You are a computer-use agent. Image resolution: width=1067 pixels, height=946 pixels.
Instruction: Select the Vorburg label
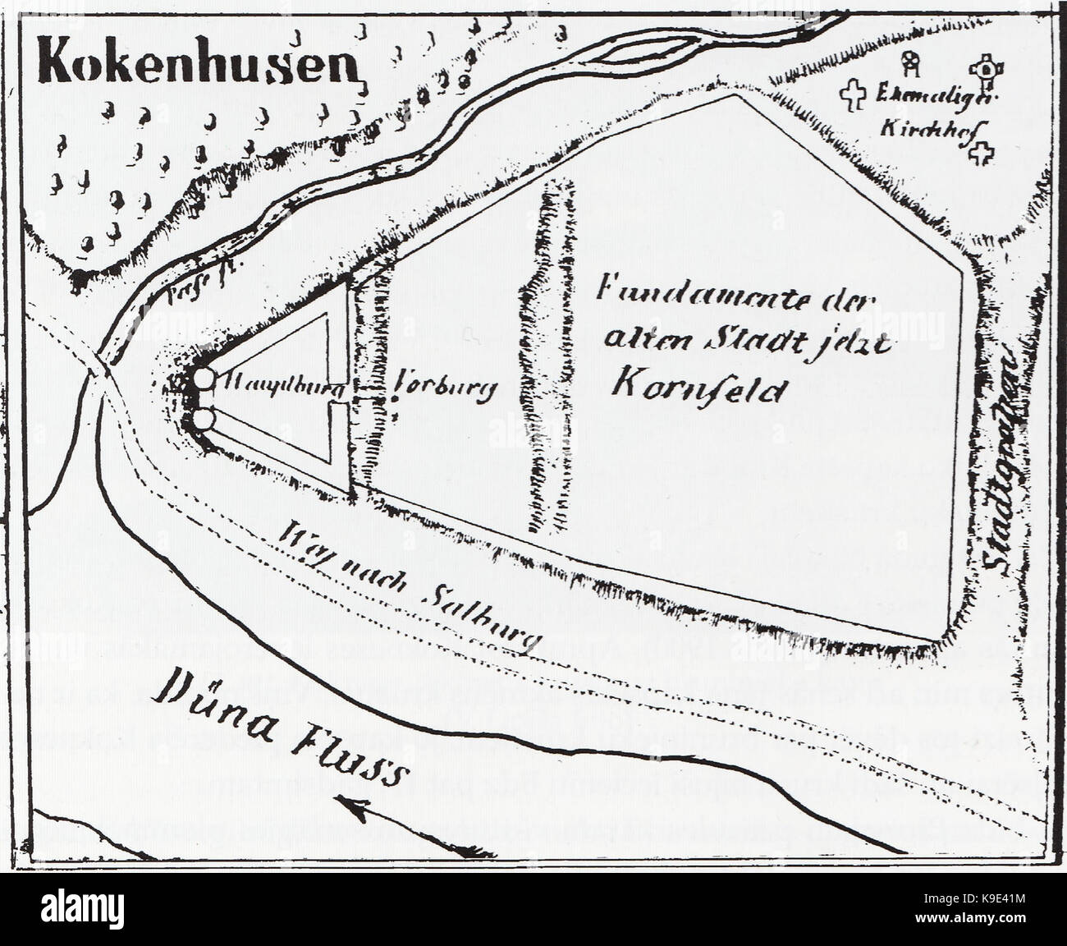pos(444,387)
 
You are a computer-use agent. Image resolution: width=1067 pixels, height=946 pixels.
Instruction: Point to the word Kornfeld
pos(694,388)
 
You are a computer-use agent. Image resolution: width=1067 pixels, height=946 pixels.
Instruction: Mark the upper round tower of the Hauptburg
pos(204,379)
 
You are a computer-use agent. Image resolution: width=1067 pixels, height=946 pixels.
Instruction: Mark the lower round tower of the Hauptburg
pos(204,420)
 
